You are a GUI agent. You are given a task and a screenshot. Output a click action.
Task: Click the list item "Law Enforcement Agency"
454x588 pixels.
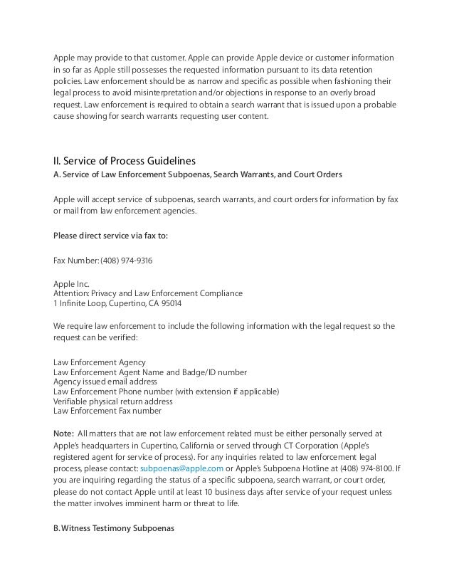click(x=100, y=363)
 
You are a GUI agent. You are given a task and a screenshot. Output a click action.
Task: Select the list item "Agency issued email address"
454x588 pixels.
click(x=106, y=382)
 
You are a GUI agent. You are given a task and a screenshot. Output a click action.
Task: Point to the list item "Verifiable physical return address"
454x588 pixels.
click(x=113, y=401)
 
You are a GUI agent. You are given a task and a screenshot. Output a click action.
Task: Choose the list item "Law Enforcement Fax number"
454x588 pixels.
click(x=107, y=410)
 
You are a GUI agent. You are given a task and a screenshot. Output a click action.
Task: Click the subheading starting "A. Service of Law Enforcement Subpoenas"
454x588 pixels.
click(x=193, y=174)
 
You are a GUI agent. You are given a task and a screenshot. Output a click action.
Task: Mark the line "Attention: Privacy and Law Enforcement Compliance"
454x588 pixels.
click(x=148, y=293)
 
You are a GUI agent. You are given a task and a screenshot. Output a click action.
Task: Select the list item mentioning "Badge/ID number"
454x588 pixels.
click(x=150, y=372)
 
